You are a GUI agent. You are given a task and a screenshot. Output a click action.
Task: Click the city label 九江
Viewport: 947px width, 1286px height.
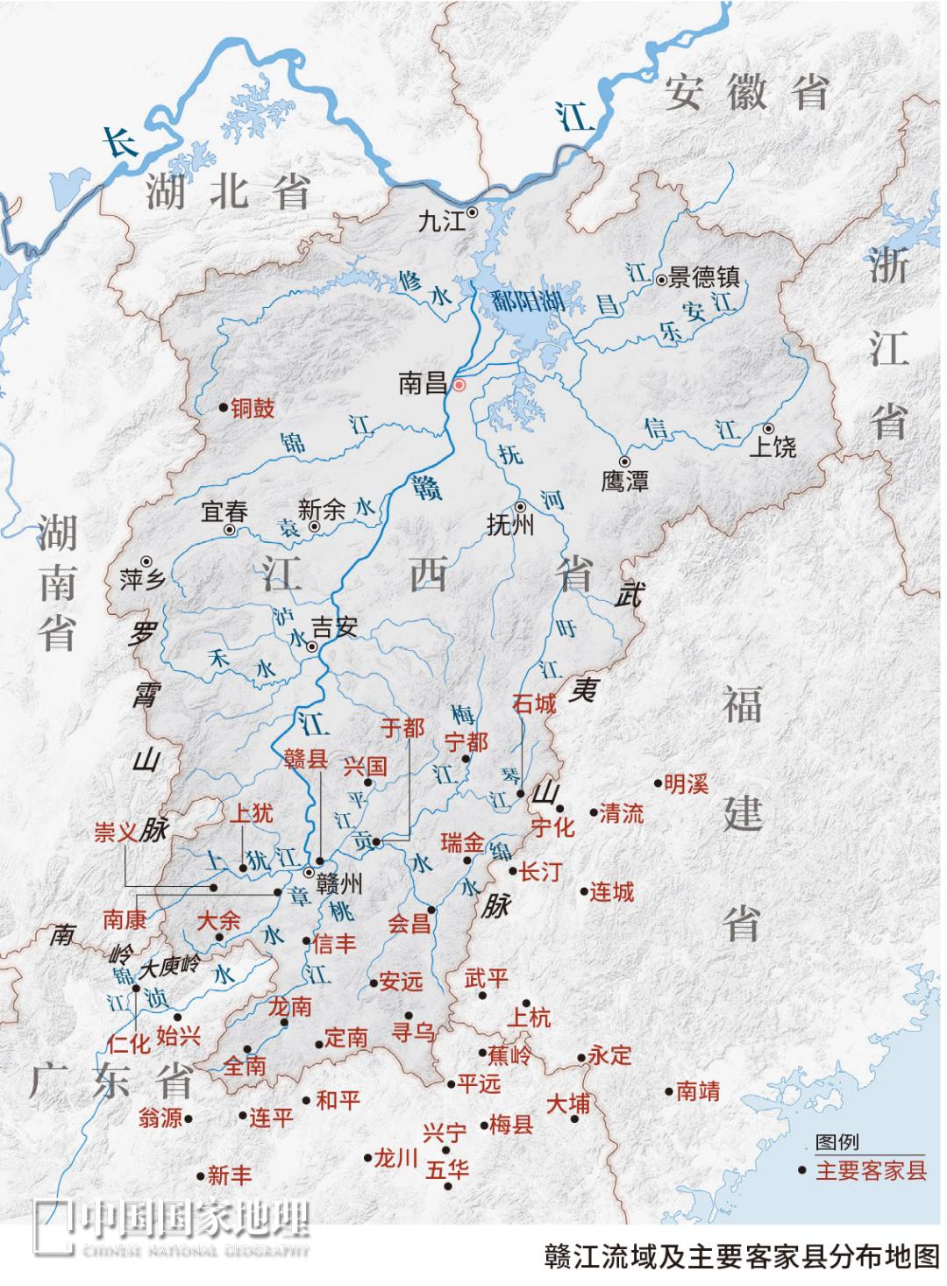(x=441, y=219)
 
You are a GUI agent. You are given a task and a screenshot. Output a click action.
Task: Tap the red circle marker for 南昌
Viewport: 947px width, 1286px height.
(x=459, y=384)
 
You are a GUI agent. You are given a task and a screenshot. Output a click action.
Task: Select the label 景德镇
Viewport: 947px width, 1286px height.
(x=704, y=278)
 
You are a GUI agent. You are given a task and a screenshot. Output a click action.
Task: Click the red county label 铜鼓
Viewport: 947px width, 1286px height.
(x=253, y=408)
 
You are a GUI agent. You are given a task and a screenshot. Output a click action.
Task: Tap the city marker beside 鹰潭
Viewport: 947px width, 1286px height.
(x=624, y=461)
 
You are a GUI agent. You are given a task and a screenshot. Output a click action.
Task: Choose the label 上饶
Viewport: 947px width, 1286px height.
(x=773, y=447)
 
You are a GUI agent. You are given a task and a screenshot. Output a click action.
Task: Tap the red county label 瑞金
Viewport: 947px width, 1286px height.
(x=462, y=844)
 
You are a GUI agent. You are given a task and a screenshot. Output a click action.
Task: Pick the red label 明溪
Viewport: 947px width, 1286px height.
(x=686, y=783)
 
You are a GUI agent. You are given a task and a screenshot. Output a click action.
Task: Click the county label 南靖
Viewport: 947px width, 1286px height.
(x=698, y=1091)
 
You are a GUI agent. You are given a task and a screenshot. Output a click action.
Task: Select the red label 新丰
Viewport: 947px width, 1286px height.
(x=229, y=1175)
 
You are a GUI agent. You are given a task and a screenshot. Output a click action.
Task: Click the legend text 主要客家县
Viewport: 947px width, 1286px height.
(x=871, y=1170)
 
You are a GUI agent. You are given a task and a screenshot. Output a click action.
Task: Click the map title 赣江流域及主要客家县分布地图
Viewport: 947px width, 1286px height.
(x=741, y=1255)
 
